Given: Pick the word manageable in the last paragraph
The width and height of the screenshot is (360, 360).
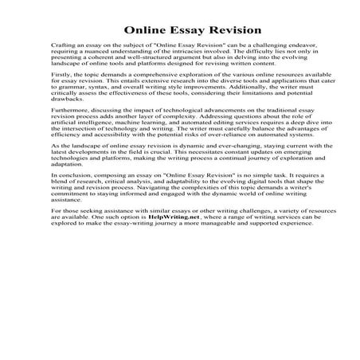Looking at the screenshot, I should [194, 221].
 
